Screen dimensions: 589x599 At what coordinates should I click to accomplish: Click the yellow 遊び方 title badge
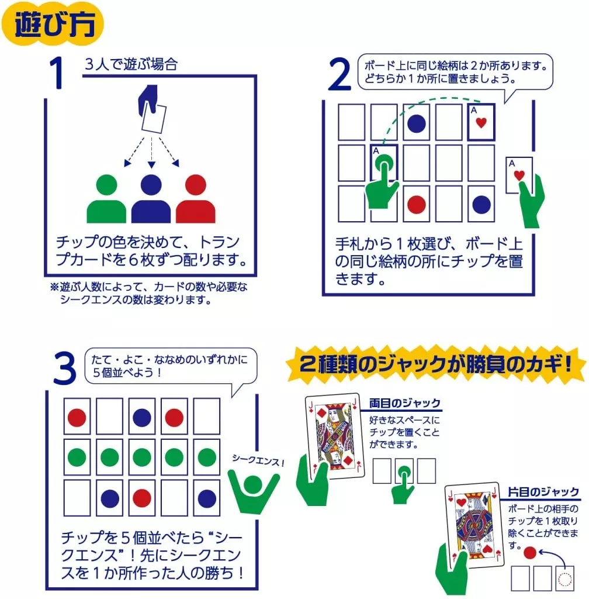[x=53, y=23]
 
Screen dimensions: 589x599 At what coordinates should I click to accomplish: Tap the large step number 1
[x=57, y=73]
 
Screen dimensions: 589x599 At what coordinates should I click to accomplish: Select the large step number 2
[x=339, y=74]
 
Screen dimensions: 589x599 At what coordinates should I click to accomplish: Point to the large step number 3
[x=65, y=368]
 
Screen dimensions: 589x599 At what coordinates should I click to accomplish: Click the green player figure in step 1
[x=106, y=199]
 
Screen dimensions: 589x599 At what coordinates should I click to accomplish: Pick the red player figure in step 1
[x=195, y=199]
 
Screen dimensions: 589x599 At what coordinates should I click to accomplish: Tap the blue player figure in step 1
[x=151, y=199]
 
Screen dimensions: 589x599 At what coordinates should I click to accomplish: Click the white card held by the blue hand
[x=154, y=119]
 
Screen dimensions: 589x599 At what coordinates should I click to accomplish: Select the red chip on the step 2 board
[x=416, y=204]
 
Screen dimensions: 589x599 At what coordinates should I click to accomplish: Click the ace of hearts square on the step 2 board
[x=481, y=122]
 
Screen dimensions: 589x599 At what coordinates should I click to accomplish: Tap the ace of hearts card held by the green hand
[x=519, y=175]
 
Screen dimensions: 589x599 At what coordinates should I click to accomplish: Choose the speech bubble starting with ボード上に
[x=455, y=73]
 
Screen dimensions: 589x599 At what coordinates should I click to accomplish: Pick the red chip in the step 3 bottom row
[x=141, y=498]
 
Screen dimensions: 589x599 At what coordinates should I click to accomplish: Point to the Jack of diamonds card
[x=335, y=436]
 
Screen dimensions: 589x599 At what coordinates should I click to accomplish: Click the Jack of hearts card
[x=474, y=525]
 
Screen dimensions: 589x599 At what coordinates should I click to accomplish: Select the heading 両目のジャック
[x=405, y=403]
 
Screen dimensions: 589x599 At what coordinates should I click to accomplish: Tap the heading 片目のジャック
[x=543, y=491]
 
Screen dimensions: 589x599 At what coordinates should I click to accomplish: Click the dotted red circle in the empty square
[x=565, y=579]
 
